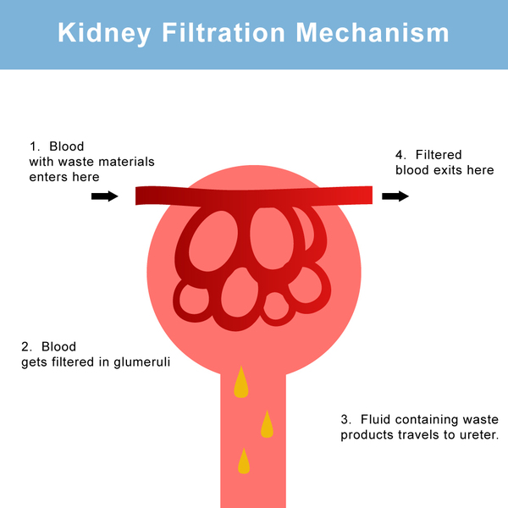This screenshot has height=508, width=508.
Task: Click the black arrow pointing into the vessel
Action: [105, 196]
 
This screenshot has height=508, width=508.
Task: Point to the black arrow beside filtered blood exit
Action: [395, 196]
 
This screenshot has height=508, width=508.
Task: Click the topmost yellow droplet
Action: [241, 383]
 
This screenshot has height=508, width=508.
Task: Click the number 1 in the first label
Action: [33, 146]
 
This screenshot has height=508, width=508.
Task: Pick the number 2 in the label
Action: [25, 346]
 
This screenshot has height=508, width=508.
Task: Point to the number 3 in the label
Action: [345, 420]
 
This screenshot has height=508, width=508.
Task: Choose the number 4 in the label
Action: [400, 155]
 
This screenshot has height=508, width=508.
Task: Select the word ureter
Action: [476, 435]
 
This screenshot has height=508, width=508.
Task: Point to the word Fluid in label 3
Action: [375, 420]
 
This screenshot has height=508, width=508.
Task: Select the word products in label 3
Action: [367, 435]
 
